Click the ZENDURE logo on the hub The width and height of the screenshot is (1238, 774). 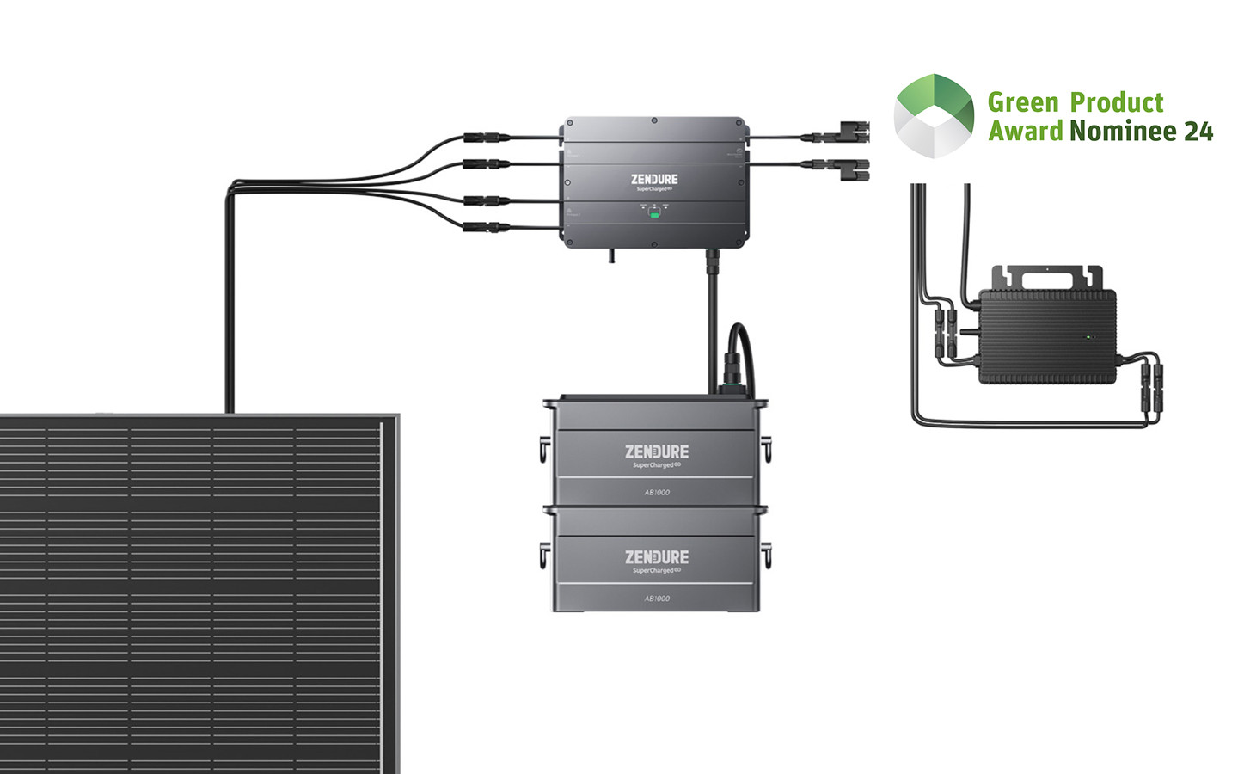click(x=654, y=180)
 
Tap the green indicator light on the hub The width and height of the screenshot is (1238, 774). click(x=654, y=214)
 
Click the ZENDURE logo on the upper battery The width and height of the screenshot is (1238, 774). click(x=657, y=451)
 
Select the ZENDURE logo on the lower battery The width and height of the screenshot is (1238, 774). click(x=657, y=557)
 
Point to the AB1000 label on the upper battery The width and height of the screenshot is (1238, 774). click(x=657, y=493)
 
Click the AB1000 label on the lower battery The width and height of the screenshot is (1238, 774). click(x=657, y=599)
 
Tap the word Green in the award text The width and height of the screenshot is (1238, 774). click(x=1023, y=103)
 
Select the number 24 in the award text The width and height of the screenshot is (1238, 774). click(x=1198, y=132)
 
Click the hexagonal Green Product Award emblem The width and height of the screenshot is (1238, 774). click(x=934, y=116)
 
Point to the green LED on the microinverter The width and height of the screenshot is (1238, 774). click(x=1089, y=337)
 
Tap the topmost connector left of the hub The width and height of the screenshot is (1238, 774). click(x=487, y=138)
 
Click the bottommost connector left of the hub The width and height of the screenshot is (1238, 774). click(x=487, y=228)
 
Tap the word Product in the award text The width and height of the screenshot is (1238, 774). click(x=1117, y=103)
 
